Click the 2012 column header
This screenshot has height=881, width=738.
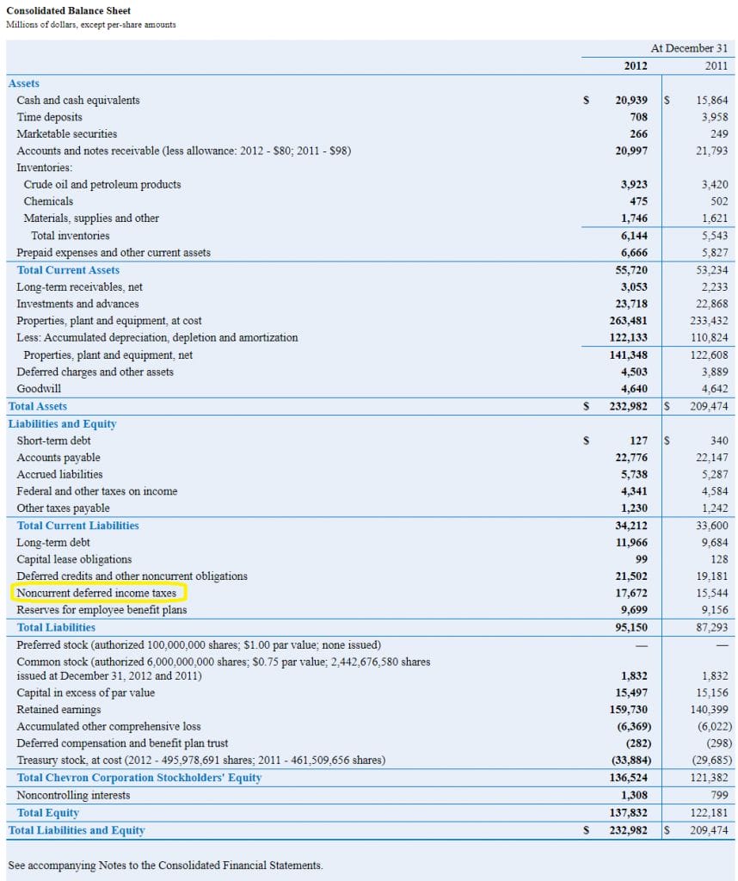[x=636, y=65]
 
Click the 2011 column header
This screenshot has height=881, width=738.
[x=716, y=65]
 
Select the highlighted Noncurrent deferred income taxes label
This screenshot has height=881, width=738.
[x=96, y=593]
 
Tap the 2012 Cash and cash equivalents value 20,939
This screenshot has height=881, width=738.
[x=631, y=100]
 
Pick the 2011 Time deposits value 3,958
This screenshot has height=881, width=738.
[x=714, y=117]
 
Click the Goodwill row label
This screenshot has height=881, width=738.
[x=39, y=389]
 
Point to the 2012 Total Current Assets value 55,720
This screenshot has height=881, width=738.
[x=631, y=270]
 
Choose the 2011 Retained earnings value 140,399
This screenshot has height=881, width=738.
[x=711, y=710]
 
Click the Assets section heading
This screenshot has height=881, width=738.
[x=24, y=83]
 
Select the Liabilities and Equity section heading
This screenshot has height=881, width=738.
[x=62, y=423]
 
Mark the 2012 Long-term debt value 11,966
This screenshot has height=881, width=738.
[x=631, y=543]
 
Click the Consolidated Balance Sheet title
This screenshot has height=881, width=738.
[x=69, y=10]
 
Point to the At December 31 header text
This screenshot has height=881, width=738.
[x=689, y=48]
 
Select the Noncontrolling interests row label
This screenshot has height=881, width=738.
[x=73, y=795]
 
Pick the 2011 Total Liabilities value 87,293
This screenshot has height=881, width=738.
[x=713, y=627]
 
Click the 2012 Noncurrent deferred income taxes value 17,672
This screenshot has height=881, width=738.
[x=631, y=593]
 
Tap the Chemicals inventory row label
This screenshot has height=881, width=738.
[x=48, y=201]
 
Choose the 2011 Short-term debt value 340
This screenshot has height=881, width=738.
[x=719, y=440]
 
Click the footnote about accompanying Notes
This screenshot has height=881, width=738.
[x=165, y=865]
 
